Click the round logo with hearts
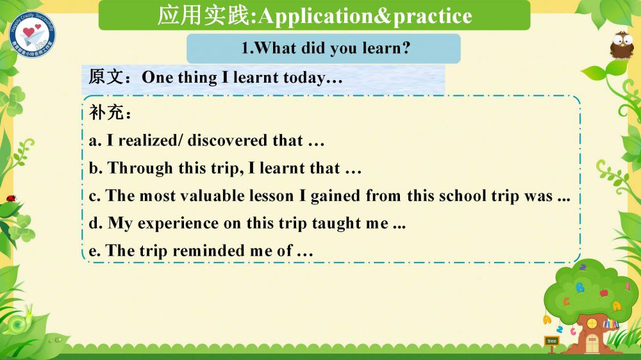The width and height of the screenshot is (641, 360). pyautogui.click(x=32, y=35)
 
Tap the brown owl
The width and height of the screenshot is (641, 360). pyautogui.click(x=621, y=45)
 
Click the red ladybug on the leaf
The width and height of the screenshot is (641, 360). pyautogui.click(x=11, y=199)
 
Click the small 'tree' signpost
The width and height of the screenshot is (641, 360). pyautogui.click(x=552, y=343)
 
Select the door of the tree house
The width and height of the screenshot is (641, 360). pyautogui.click(x=592, y=343)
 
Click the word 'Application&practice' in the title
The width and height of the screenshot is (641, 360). pyautogui.click(x=365, y=17)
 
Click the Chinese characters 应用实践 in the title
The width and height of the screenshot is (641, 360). pyautogui.click(x=203, y=15)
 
